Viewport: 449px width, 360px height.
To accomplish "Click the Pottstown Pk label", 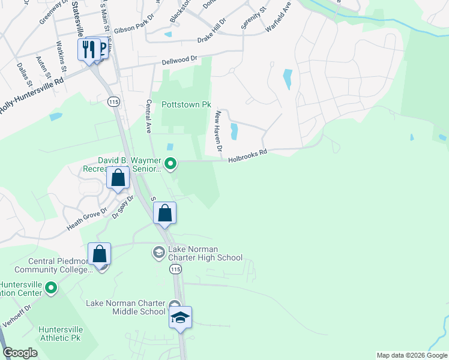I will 186,104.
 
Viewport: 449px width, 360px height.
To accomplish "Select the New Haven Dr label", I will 218,130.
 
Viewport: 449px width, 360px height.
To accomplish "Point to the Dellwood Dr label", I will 179,61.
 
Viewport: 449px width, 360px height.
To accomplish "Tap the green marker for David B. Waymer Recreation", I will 170,163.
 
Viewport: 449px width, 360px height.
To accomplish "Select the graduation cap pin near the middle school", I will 180,317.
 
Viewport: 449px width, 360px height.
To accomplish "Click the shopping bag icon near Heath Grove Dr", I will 118,178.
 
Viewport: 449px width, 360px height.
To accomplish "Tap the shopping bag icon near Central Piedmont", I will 100,253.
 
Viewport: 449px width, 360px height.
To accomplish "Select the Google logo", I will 20,353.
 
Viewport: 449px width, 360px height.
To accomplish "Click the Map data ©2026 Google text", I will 412,355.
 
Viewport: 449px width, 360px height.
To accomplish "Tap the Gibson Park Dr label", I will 133,29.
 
